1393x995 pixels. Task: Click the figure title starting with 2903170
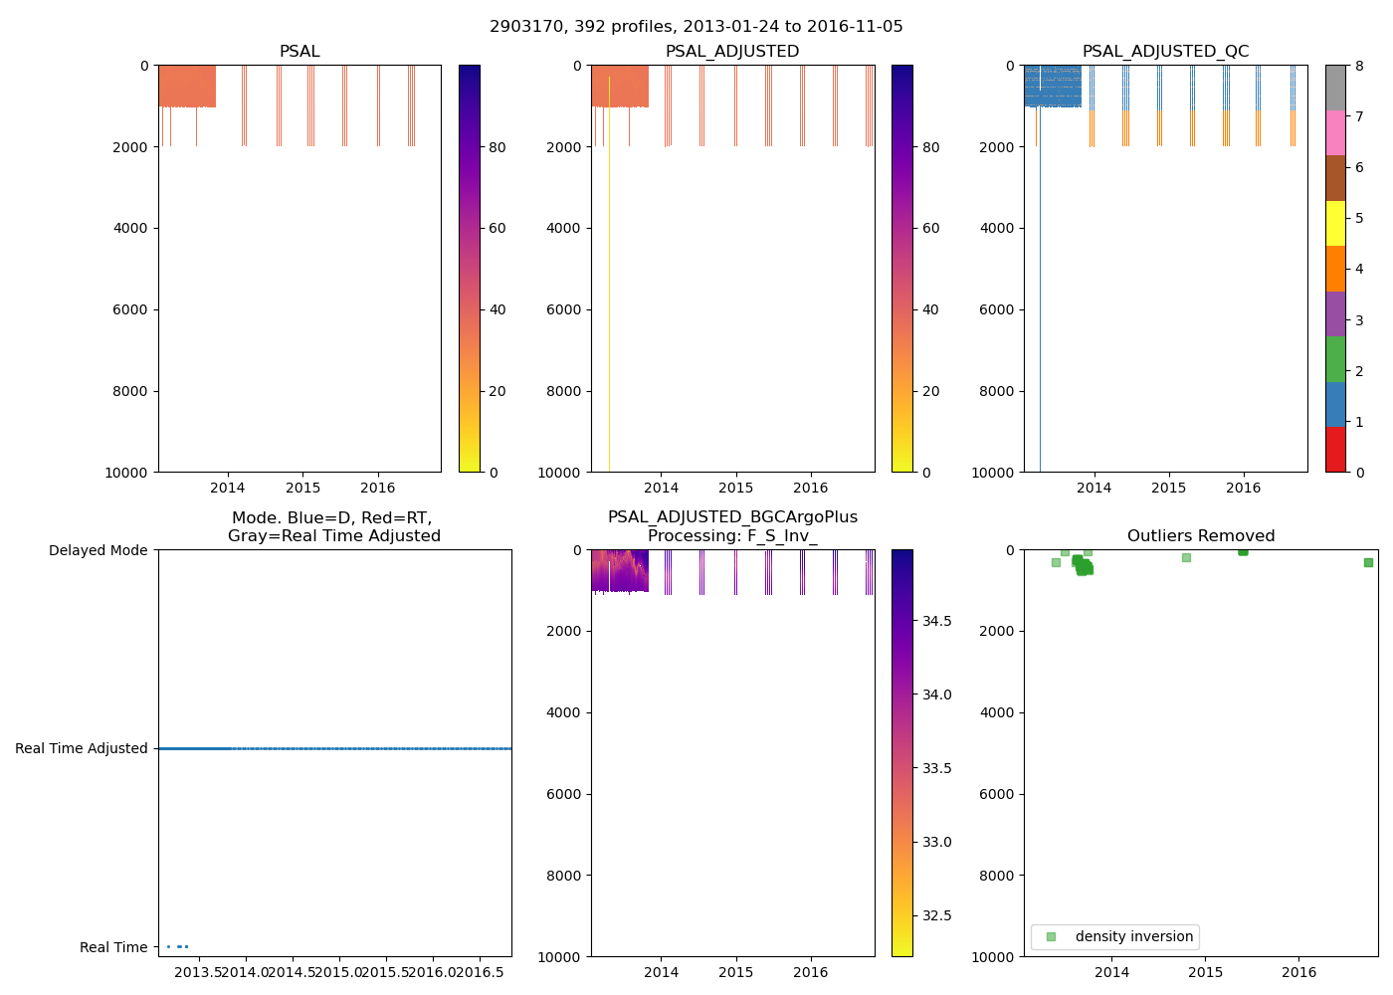(x=696, y=27)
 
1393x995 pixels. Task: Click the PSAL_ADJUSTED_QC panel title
(x=1165, y=52)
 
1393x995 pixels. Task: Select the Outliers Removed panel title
(x=1200, y=536)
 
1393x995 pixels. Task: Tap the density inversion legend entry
(x=1133, y=937)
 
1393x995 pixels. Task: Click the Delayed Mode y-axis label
(x=98, y=550)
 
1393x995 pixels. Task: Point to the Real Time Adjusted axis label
(x=81, y=748)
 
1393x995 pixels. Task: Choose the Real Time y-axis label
(x=113, y=947)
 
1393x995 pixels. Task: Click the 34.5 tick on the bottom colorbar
(x=936, y=621)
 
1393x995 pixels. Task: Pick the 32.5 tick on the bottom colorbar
(x=936, y=915)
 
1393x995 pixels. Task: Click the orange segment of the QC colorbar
(x=1335, y=269)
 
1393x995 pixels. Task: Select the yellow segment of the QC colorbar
(x=1335, y=223)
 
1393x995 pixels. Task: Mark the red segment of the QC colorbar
(x=1335, y=449)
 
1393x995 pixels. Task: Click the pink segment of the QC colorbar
(x=1335, y=133)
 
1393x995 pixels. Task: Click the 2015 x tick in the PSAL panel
(x=302, y=488)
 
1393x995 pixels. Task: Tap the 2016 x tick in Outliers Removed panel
(x=1298, y=972)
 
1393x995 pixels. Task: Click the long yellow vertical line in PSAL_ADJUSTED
(x=609, y=298)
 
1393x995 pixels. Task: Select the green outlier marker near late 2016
(x=1368, y=562)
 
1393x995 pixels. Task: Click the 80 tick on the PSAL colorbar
(x=497, y=147)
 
